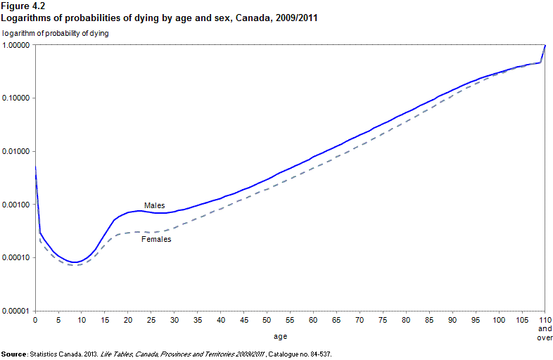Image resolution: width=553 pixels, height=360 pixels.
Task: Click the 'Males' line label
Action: tap(154, 205)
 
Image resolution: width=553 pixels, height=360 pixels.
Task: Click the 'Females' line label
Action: tap(156, 240)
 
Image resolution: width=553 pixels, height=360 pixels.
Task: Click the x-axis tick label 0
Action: tap(35, 321)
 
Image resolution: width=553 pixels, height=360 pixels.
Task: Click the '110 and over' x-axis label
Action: tap(545, 328)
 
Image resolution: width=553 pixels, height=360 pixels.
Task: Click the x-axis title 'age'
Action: tap(280, 337)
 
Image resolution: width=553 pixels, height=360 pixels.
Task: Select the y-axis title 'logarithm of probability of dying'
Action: tap(56, 33)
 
